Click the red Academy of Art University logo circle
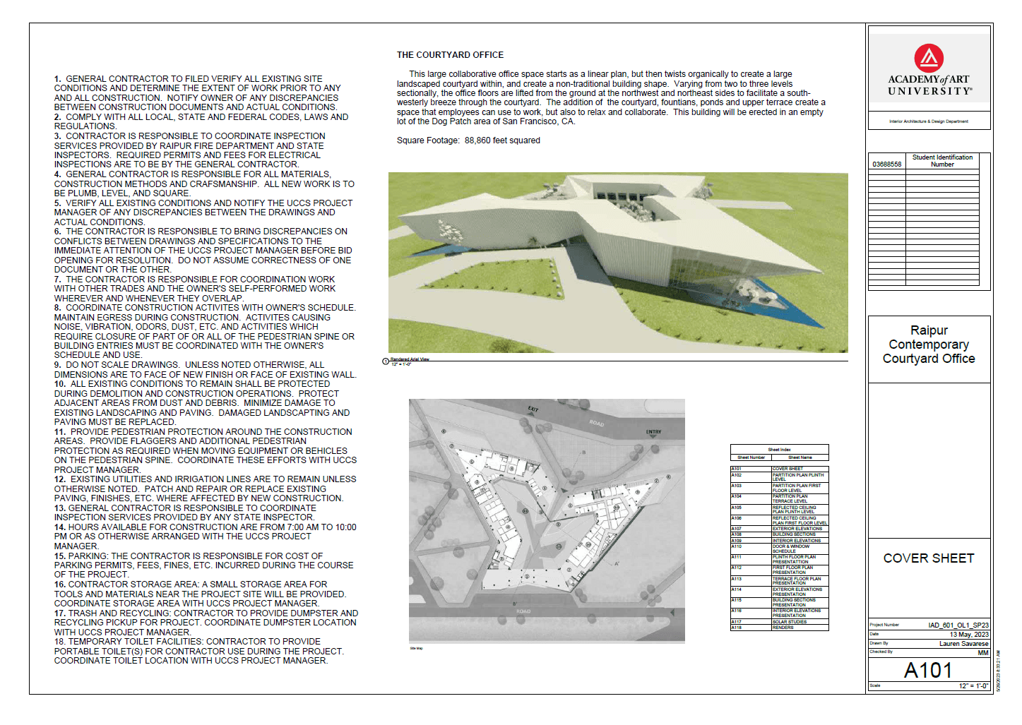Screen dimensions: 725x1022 click(x=928, y=58)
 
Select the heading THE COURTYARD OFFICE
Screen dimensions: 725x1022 click(x=450, y=55)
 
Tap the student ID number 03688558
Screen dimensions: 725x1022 click(x=886, y=164)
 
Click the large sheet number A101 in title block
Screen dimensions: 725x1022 click(x=928, y=670)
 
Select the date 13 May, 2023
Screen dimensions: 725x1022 click(x=969, y=635)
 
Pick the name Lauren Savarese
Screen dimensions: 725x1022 click(x=963, y=644)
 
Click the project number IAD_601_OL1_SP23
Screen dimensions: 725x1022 click(x=958, y=625)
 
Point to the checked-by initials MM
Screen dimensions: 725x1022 click(x=983, y=653)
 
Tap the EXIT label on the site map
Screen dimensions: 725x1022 click(x=533, y=409)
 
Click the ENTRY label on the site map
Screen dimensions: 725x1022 click(x=653, y=432)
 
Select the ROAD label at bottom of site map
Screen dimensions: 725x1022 click(x=523, y=611)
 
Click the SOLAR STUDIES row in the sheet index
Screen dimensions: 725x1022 click(x=790, y=622)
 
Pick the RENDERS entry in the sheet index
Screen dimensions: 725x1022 click(x=783, y=628)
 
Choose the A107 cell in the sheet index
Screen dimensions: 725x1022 click(x=737, y=529)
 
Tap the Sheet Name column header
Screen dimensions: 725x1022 click(x=800, y=457)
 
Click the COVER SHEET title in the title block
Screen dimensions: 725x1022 click(x=928, y=558)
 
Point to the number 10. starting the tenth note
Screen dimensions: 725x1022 click(x=60, y=384)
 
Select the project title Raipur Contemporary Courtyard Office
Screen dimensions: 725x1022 click(x=928, y=344)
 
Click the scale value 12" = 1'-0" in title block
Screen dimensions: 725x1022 click(x=973, y=686)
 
